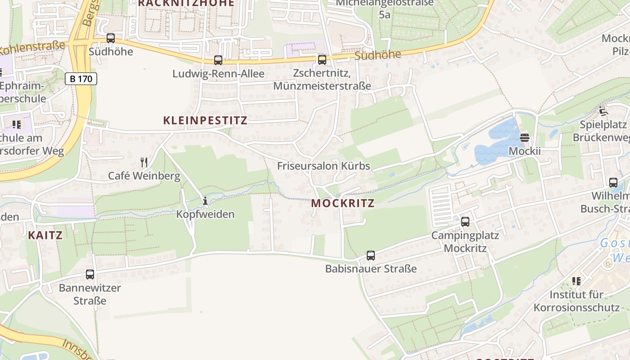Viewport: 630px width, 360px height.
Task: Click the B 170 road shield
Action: tap(81, 79)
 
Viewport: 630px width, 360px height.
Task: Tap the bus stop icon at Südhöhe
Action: tap(111, 38)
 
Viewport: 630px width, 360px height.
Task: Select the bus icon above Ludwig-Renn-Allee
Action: tap(218, 60)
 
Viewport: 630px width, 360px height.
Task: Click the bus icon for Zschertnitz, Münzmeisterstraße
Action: tap(322, 59)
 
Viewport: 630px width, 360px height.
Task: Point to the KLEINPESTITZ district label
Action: tap(205, 120)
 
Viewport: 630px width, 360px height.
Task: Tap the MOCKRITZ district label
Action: tap(343, 203)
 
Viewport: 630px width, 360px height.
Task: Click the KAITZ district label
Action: tap(45, 235)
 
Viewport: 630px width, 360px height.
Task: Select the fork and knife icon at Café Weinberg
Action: tap(144, 162)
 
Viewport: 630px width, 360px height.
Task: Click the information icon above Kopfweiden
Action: tap(205, 201)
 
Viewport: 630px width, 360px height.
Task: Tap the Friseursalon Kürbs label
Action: tap(324, 166)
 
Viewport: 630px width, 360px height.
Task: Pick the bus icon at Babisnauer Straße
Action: tap(371, 256)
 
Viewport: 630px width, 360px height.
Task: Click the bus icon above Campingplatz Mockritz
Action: tap(465, 221)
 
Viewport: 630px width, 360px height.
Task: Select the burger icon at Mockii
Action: tap(525, 137)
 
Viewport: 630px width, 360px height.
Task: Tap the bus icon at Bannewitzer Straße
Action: tap(90, 274)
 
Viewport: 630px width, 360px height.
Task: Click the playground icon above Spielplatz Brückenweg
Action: tap(603, 111)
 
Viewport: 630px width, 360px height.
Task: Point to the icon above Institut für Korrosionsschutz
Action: tap(576, 281)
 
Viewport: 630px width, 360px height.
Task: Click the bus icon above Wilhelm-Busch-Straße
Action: tap(613, 182)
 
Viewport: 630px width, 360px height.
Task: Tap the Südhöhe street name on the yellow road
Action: tap(378, 55)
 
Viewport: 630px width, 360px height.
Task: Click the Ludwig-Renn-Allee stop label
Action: tap(218, 73)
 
